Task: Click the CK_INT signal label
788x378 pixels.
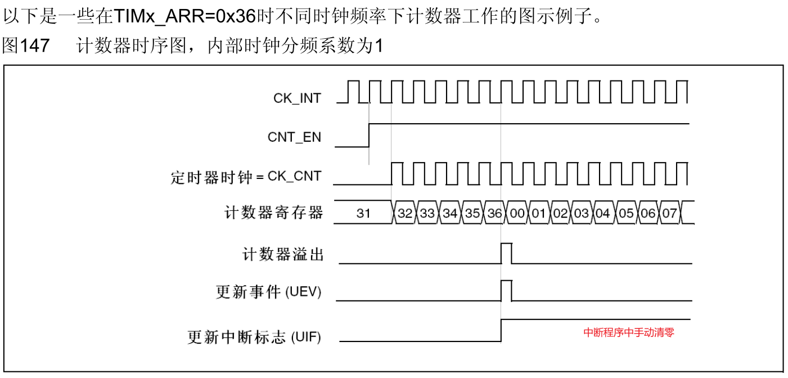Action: (x=297, y=98)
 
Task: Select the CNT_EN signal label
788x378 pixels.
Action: (x=294, y=137)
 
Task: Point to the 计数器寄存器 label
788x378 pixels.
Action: (x=274, y=213)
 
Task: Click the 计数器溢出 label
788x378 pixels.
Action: (x=283, y=255)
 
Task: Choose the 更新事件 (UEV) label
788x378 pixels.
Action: (x=269, y=292)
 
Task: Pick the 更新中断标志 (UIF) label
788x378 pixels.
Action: (x=254, y=337)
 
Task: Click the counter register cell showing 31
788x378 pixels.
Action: (x=363, y=213)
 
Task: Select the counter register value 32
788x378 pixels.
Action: (x=405, y=213)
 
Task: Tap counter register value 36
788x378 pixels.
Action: (x=495, y=213)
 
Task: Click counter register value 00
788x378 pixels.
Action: (x=517, y=213)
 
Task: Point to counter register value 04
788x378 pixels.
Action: (x=602, y=213)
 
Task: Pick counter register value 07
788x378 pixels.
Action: (x=669, y=213)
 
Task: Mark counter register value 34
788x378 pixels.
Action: (x=450, y=213)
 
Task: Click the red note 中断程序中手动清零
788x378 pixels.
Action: (x=629, y=332)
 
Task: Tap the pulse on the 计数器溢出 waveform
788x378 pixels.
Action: (x=506, y=253)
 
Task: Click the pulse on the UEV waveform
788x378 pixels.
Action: (x=506, y=290)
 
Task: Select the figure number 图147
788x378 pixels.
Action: (x=26, y=46)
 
